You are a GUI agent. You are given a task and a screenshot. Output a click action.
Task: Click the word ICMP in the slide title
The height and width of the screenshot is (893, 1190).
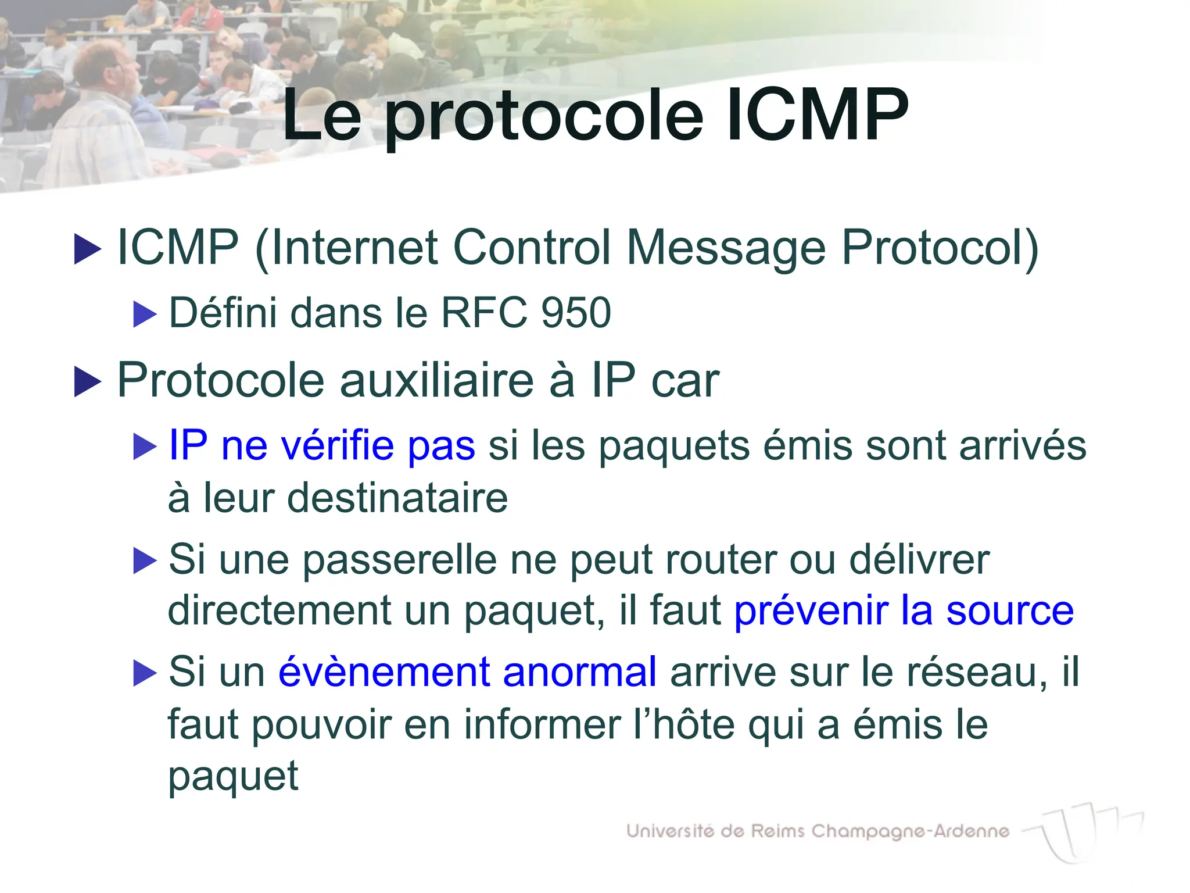pyautogui.click(x=818, y=115)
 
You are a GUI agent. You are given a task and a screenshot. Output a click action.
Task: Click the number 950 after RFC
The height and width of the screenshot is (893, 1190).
pyautogui.click(x=576, y=313)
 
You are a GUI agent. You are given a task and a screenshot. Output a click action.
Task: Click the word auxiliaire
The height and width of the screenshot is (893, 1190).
pyautogui.click(x=436, y=381)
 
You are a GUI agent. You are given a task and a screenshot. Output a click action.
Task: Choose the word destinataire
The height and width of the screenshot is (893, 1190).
pyautogui.click(x=397, y=498)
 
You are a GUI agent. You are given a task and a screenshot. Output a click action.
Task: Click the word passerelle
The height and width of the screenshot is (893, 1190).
pyautogui.click(x=400, y=559)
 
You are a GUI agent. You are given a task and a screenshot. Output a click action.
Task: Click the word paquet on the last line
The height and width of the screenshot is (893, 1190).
pyautogui.click(x=233, y=777)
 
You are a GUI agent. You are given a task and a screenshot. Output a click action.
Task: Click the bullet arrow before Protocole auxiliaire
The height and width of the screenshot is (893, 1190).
pyautogui.click(x=88, y=383)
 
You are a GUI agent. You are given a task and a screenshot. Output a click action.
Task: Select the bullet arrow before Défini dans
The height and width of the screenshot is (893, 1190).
pyautogui.click(x=145, y=314)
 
